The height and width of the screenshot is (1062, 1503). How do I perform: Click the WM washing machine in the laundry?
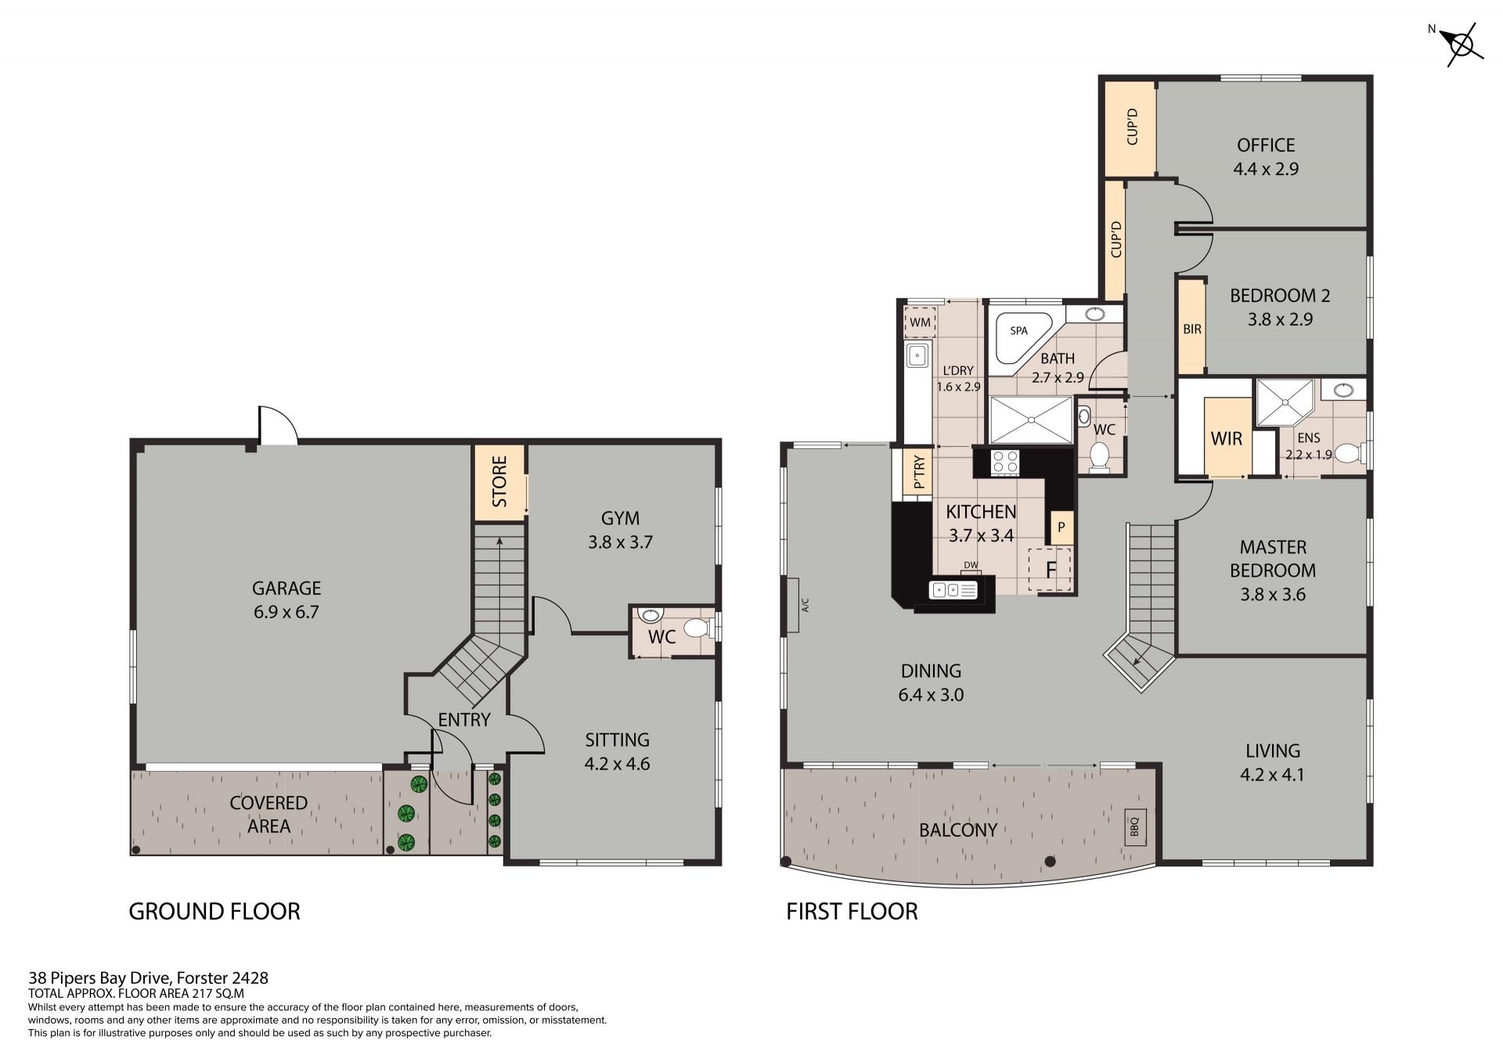click(920, 322)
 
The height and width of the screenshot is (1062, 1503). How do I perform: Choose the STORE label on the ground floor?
click(500, 481)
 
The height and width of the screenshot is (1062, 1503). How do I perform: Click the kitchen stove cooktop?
click(1005, 462)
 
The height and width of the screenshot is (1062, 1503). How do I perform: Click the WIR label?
click(1227, 439)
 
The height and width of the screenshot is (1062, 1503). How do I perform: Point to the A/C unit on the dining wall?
click(792, 605)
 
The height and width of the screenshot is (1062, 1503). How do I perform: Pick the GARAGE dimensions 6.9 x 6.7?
click(286, 612)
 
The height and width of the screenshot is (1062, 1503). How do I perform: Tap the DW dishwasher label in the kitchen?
click(971, 565)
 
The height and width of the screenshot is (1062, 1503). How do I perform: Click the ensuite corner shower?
click(1284, 402)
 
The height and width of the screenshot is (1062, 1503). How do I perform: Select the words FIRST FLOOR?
click(852, 911)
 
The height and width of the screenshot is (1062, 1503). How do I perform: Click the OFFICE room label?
click(1266, 145)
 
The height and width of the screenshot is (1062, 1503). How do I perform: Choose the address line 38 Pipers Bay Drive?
click(149, 977)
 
